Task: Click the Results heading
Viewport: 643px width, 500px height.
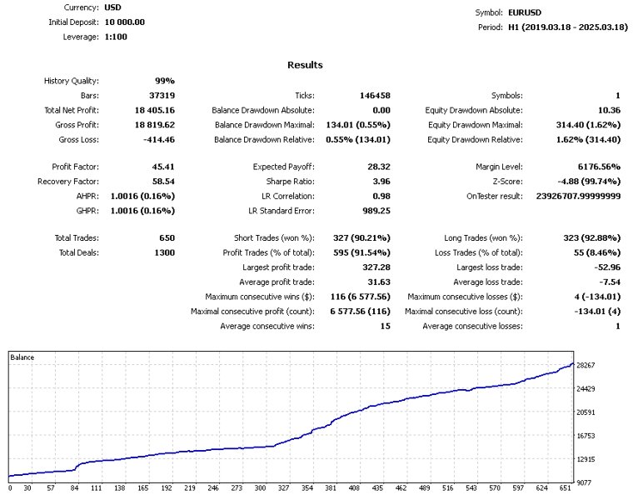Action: (305, 65)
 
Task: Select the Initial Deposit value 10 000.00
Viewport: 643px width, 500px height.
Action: (125, 22)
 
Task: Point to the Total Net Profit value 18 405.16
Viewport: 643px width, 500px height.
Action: (151, 110)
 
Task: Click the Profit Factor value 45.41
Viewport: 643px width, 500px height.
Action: (161, 167)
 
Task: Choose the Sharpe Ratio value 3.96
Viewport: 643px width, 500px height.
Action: (377, 181)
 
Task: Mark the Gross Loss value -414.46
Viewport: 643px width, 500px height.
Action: (155, 139)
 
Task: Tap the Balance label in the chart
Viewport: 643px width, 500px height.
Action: (23, 357)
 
